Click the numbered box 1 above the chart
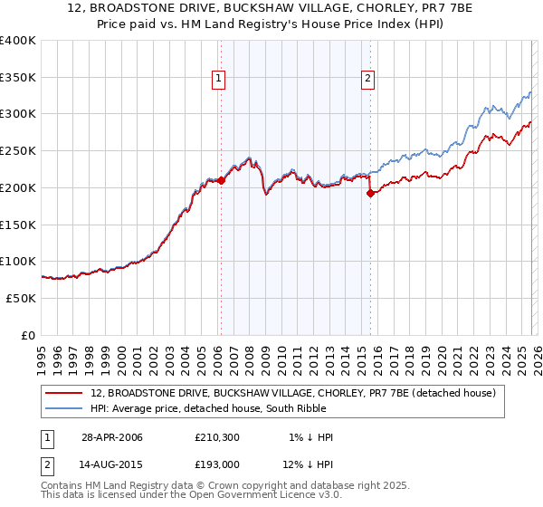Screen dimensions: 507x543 tap(220, 80)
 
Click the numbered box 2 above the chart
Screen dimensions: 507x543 tap(368, 80)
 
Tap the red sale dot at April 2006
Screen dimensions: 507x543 tap(221, 180)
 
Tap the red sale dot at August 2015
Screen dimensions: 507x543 tap(370, 193)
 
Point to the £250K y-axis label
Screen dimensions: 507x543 tap(18, 150)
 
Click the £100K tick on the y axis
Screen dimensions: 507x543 tap(18, 261)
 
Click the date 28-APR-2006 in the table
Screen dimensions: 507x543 tap(112, 437)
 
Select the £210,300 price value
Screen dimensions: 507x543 tap(215, 437)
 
